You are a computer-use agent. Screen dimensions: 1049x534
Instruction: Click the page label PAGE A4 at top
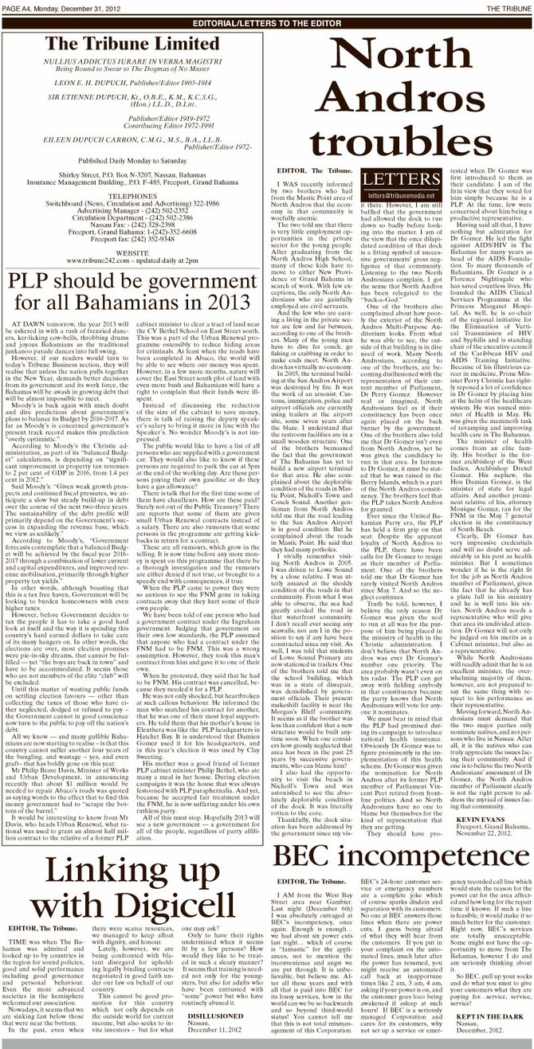18,6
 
